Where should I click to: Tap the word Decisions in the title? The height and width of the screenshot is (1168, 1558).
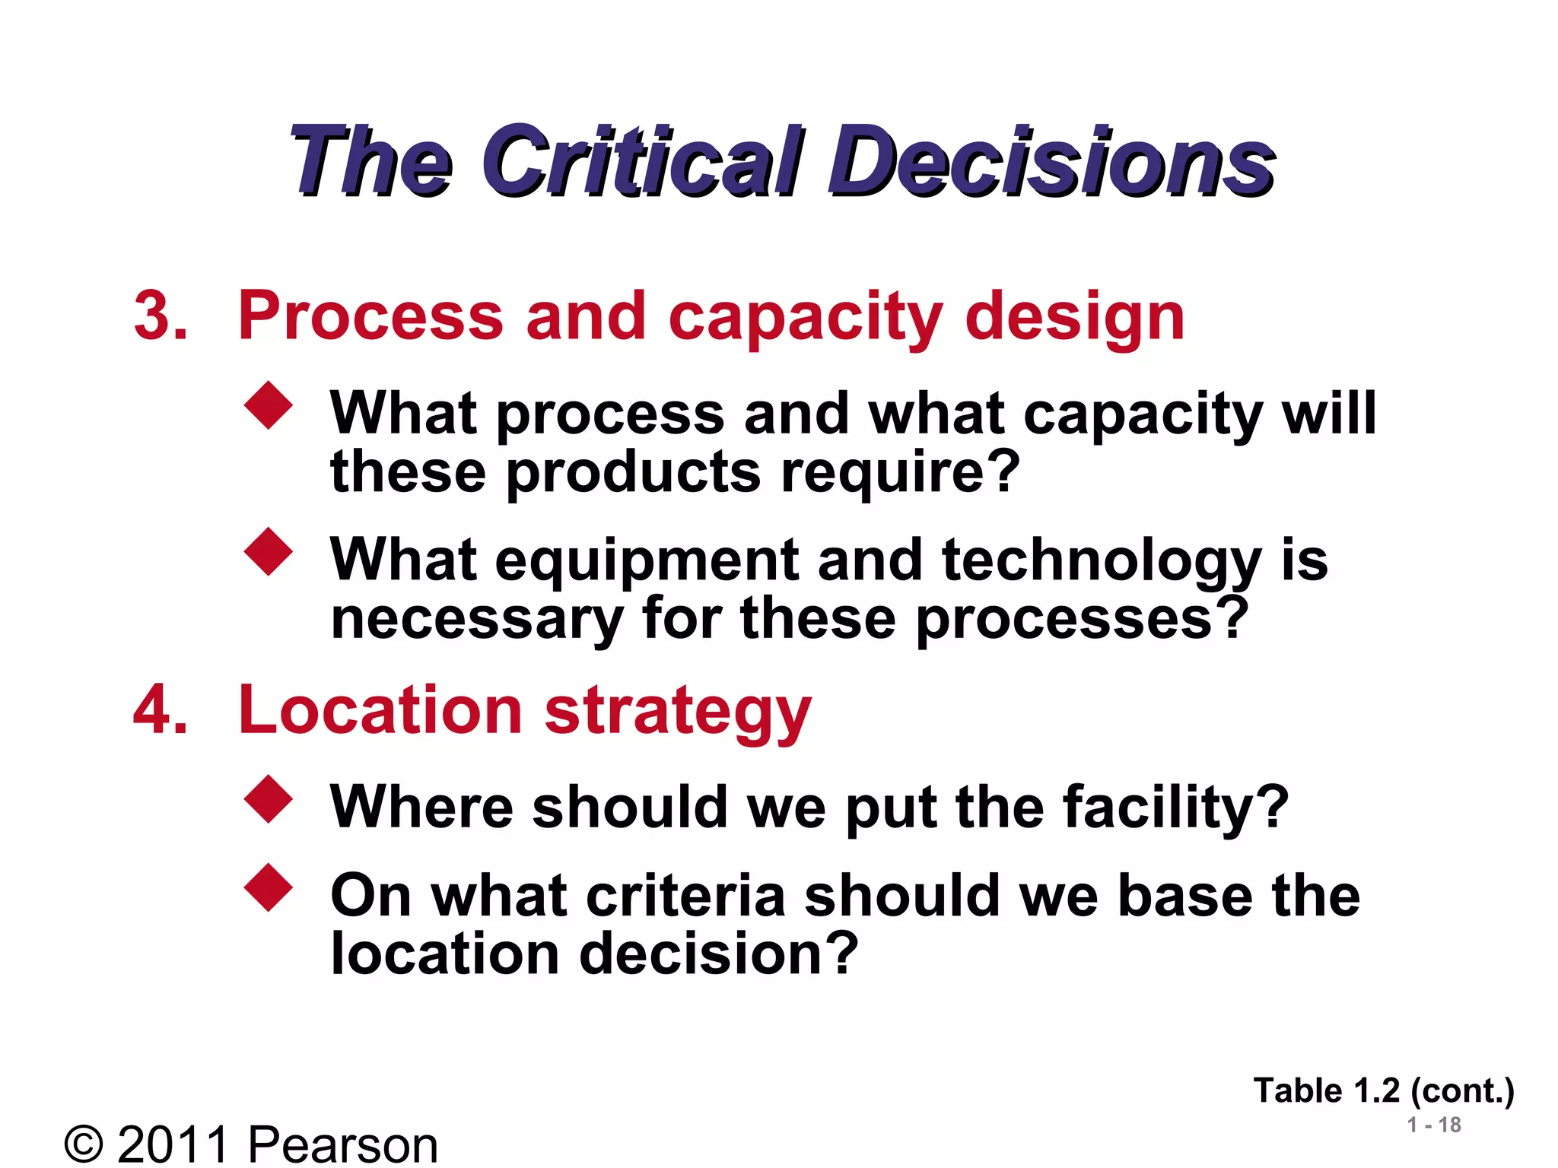[x=1051, y=161]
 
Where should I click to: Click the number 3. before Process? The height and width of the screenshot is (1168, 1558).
[x=161, y=316]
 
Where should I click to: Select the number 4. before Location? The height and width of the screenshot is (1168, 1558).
[x=161, y=710]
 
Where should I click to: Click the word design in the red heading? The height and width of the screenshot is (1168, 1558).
[x=1074, y=318]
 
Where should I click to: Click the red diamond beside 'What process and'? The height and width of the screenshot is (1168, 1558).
[x=269, y=405]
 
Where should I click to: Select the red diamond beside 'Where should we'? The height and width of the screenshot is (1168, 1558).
[x=269, y=799]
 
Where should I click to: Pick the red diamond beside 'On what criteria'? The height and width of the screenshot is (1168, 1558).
[x=269, y=887]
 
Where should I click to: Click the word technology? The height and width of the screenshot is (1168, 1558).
[x=1102, y=561]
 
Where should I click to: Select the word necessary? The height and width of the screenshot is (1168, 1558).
[x=477, y=619]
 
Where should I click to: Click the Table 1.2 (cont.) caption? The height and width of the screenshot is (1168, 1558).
[x=1383, y=1091]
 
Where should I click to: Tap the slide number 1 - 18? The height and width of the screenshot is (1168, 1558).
[x=1434, y=1125]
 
